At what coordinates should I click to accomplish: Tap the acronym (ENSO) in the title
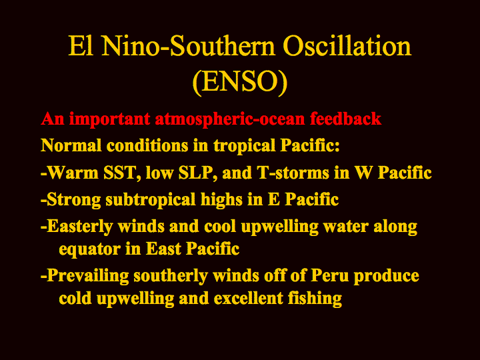click(x=240, y=81)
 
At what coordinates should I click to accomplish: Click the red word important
click(x=109, y=119)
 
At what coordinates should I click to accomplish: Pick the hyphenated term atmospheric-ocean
click(x=230, y=119)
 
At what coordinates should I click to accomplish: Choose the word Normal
click(x=71, y=145)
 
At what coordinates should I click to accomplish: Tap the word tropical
click(x=245, y=146)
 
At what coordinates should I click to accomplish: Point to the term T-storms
click(x=293, y=173)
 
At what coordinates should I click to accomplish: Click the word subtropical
click(x=150, y=200)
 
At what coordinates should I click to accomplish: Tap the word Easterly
click(x=80, y=227)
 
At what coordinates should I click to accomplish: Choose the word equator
click(x=90, y=249)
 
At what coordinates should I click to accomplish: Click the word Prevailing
click(x=88, y=276)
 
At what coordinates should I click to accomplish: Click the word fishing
click(x=315, y=299)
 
